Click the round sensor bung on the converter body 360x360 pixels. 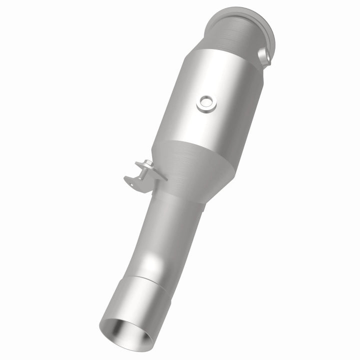[x=206, y=103]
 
